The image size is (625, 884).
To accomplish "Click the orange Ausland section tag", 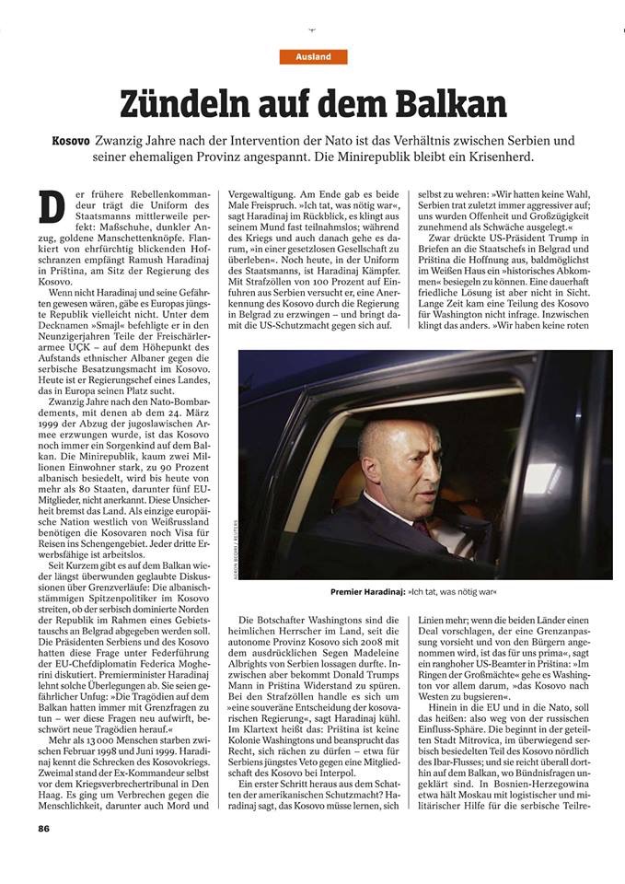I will pos(314,57).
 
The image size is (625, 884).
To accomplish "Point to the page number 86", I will pos(43,853).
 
